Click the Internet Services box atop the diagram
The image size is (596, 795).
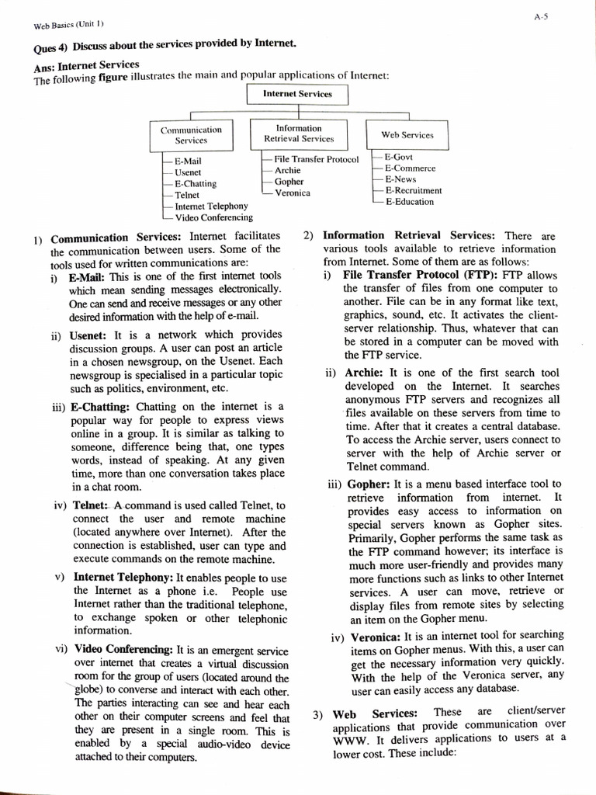[x=297, y=94]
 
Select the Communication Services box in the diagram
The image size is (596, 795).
[x=191, y=135]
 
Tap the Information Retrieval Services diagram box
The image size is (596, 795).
[x=299, y=134]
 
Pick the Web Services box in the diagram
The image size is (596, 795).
[x=407, y=134]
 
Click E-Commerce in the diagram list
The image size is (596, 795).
[x=410, y=168]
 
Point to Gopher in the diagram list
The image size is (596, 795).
[x=289, y=182]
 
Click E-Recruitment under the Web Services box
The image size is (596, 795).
[x=413, y=190]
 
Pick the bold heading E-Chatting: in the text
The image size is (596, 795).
[x=100, y=406]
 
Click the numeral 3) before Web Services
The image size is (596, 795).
[x=319, y=714]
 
